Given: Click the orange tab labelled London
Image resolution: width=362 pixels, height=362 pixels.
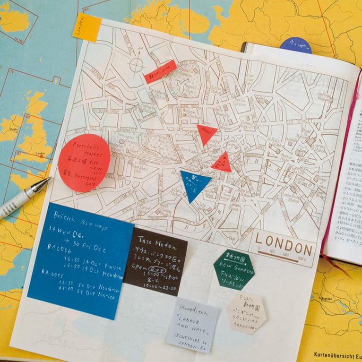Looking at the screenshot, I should click(86, 27).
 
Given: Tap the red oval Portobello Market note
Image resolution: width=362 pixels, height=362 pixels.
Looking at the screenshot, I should click(84, 163).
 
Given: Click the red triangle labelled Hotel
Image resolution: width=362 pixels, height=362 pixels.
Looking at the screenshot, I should click(207, 133).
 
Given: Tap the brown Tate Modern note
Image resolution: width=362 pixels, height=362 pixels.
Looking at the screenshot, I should click(155, 261).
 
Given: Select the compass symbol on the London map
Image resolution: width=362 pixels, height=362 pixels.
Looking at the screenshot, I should click(136, 64).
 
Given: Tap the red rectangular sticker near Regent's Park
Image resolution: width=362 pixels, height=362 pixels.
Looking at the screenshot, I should click(160, 71).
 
